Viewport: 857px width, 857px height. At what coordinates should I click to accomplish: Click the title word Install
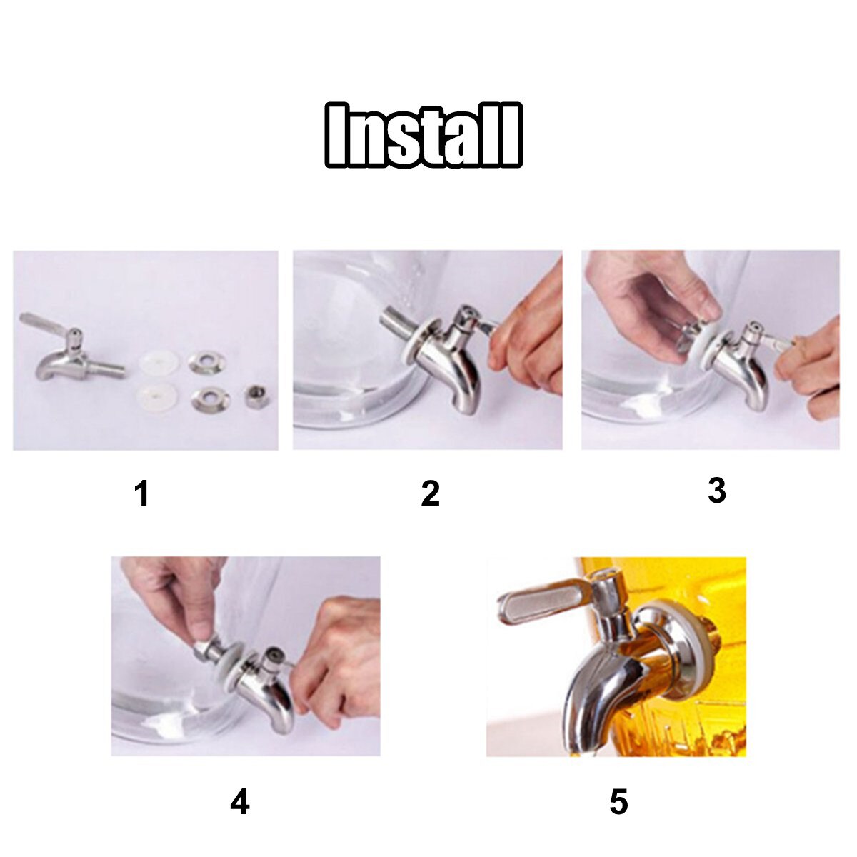click(x=424, y=136)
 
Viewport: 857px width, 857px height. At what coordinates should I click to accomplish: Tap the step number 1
click(x=142, y=494)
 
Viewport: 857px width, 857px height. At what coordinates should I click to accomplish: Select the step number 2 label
click(x=430, y=494)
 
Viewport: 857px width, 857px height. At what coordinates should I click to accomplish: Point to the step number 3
click(x=716, y=491)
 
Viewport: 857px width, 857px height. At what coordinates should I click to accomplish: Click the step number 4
click(x=240, y=803)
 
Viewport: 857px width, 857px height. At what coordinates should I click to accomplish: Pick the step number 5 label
click(x=618, y=803)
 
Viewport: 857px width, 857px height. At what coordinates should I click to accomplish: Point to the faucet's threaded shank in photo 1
click(x=107, y=369)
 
